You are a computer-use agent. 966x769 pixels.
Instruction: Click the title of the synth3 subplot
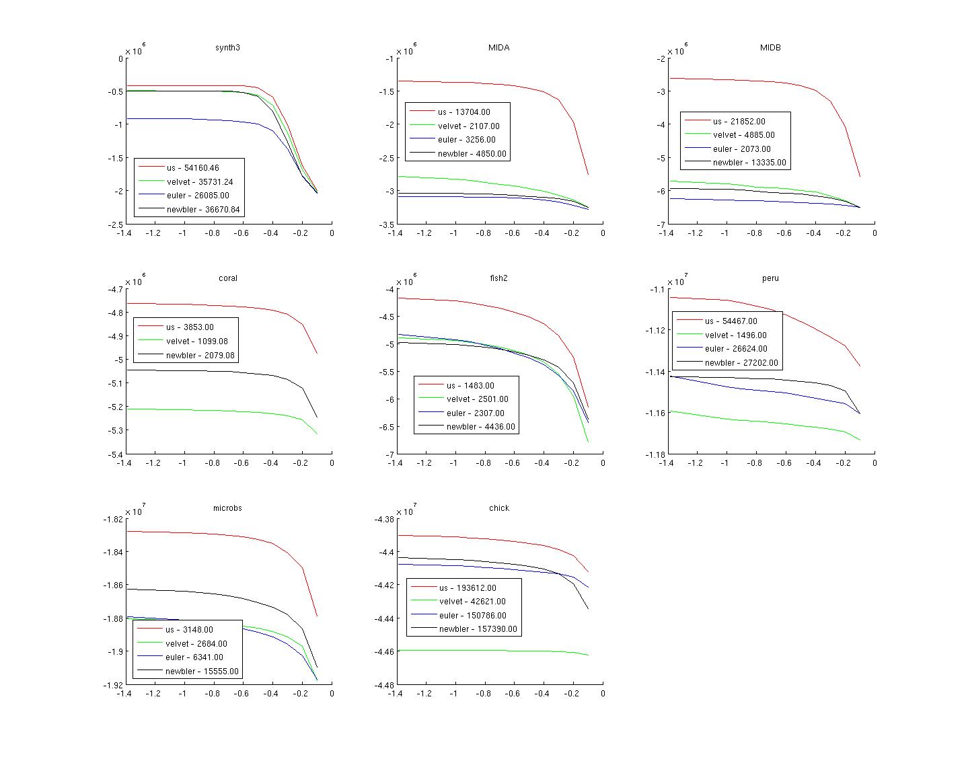click(x=227, y=48)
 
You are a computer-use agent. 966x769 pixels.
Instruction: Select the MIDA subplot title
click(x=498, y=48)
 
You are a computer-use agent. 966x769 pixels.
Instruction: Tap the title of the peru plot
click(x=770, y=278)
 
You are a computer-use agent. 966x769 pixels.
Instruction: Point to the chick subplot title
click(x=498, y=508)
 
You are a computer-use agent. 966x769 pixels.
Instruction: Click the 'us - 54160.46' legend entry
click(x=192, y=168)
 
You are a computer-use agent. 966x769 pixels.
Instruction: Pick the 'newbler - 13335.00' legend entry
click(x=749, y=163)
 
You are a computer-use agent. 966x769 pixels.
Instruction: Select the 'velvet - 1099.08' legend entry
click(x=196, y=341)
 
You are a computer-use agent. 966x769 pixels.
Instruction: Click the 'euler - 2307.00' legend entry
click(x=475, y=413)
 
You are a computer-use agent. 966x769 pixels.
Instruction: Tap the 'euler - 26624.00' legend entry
click(x=736, y=349)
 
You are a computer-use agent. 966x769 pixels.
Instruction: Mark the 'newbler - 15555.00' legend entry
click(x=201, y=672)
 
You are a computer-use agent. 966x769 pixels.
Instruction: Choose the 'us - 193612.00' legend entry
click(x=468, y=588)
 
